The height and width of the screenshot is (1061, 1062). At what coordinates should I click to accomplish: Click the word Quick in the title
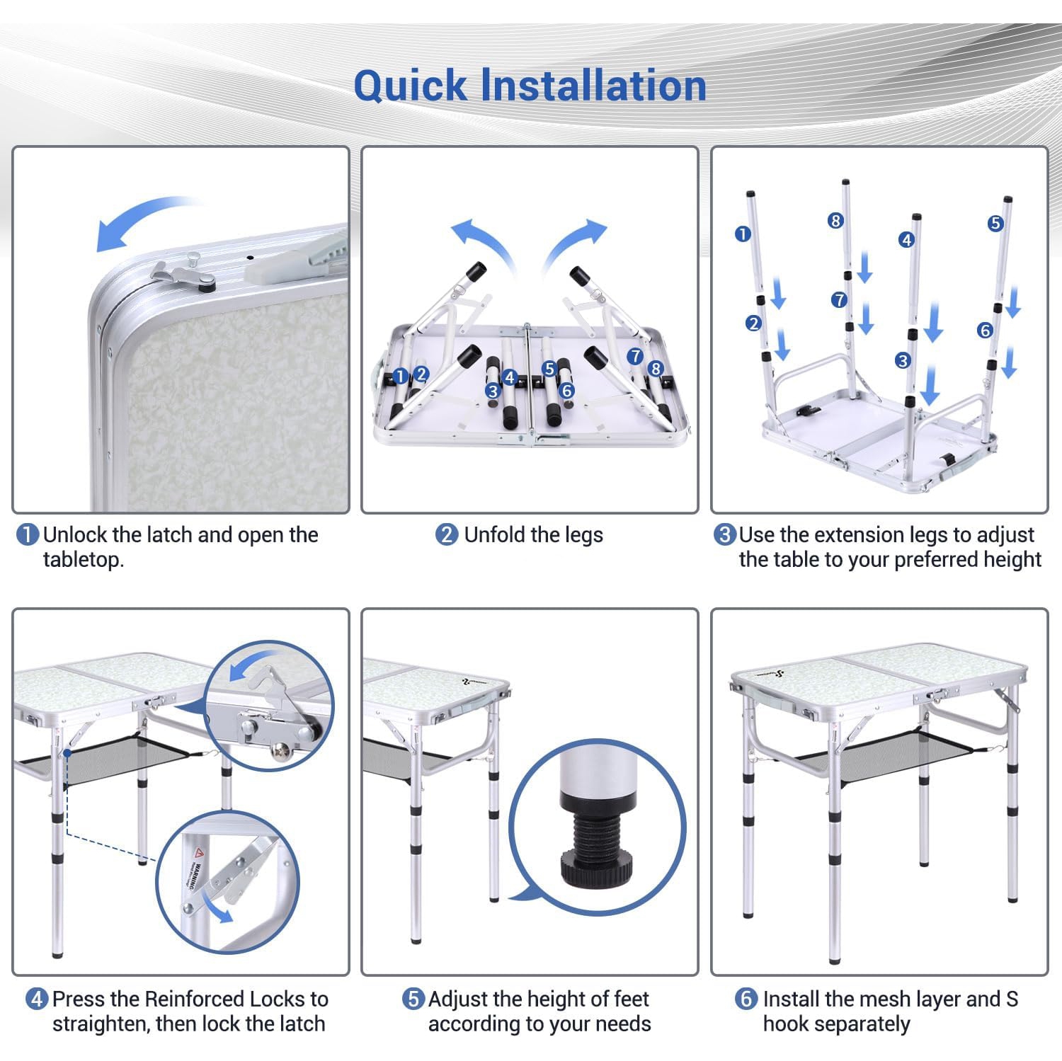tap(411, 86)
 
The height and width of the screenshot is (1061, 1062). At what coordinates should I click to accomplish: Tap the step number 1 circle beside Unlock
tap(27, 534)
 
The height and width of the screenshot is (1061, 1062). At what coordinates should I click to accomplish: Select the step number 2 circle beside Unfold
tap(446, 534)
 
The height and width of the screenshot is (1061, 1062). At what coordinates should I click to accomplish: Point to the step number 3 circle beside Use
tap(724, 534)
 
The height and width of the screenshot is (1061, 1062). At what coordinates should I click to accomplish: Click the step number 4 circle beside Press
tap(37, 999)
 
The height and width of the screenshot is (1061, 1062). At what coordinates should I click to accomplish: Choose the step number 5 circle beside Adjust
tap(413, 999)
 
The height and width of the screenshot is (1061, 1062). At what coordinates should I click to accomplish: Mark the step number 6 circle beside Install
tap(746, 999)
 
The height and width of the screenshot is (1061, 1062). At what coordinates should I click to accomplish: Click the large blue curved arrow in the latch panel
tap(135, 212)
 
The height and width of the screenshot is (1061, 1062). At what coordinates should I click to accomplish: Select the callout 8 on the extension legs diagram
tap(835, 221)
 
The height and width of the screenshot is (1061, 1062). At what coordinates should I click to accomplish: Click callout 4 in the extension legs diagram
tap(906, 240)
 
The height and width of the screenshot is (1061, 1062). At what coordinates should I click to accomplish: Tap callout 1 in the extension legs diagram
tap(743, 233)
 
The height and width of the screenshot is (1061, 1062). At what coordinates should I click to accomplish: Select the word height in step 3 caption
tap(1008, 560)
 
